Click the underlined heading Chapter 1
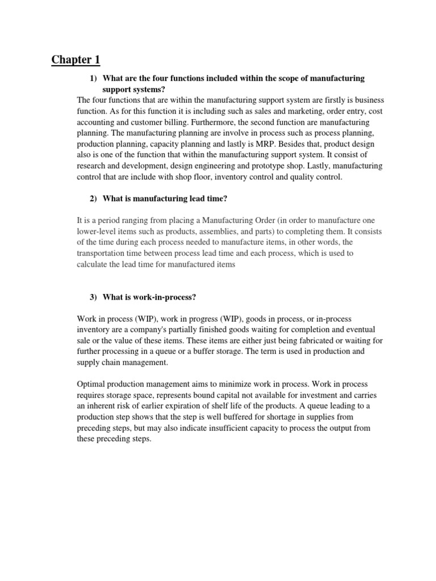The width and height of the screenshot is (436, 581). click(75, 59)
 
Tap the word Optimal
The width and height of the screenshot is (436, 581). click(91, 384)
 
